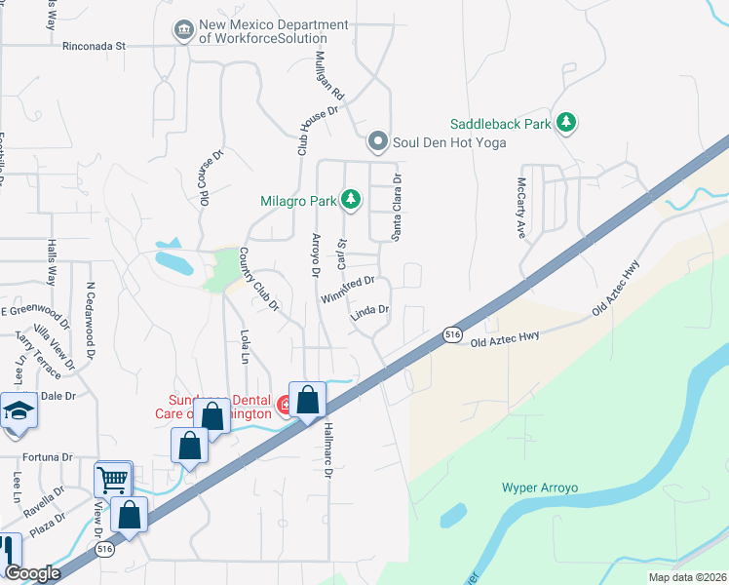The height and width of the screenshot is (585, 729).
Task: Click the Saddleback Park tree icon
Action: (x=564, y=123)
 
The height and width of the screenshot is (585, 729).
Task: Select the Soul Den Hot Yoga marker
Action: (x=378, y=142)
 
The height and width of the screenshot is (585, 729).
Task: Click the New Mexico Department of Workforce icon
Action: (x=182, y=31)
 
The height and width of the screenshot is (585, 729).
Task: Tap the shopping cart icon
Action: (x=112, y=480)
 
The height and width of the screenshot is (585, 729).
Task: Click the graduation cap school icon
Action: (x=17, y=411)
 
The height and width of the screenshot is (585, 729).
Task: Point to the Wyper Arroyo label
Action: (x=541, y=487)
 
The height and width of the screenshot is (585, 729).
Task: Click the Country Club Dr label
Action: (x=259, y=279)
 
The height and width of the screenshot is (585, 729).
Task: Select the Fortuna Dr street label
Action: (x=47, y=456)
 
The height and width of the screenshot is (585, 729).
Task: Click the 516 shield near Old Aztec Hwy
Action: (x=452, y=334)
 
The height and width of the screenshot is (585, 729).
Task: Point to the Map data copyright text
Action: (x=686, y=577)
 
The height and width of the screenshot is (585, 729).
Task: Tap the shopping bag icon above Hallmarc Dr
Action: (x=307, y=400)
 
